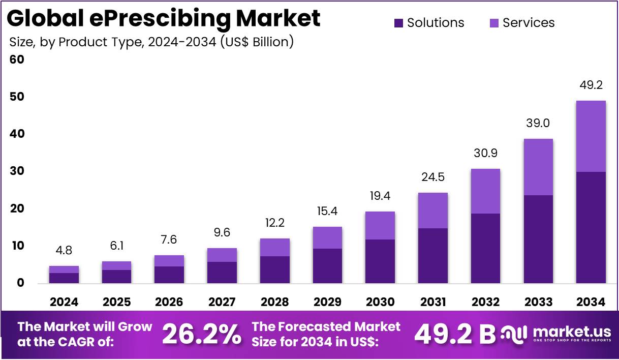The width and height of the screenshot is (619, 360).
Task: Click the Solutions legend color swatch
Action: click(x=398, y=23)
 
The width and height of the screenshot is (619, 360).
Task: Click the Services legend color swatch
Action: click(x=494, y=23)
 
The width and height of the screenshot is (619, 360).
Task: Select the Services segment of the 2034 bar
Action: click(x=591, y=136)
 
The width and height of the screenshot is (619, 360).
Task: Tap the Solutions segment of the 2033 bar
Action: click(x=538, y=239)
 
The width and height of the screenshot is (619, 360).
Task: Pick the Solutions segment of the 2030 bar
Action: click(x=380, y=261)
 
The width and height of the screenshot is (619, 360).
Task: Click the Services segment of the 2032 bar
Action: click(x=485, y=191)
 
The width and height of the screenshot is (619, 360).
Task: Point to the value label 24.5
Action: click(x=433, y=177)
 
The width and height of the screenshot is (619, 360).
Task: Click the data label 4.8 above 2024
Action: click(x=64, y=251)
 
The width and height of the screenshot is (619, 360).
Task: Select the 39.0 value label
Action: click(x=538, y=124)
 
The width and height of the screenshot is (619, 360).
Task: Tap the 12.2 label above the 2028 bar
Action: click(x=274, y=223)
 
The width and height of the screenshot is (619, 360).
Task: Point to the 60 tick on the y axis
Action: click(x=17, y=59)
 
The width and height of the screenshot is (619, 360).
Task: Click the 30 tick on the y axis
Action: click(x=17, y=171)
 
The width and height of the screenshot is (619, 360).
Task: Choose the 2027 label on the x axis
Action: click(x=222, y=302)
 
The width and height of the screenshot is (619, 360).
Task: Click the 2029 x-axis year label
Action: click(x=327, y=302)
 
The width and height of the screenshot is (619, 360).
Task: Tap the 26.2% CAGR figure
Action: click(x=202, y=335)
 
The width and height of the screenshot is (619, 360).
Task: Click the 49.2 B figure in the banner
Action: click(x=454, y=335)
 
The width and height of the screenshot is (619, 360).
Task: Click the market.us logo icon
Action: click(x=514, y=334)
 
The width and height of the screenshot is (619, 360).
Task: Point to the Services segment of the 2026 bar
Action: click(x=169, y=261)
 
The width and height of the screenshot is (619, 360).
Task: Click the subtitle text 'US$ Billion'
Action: click(x=256, y=42)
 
